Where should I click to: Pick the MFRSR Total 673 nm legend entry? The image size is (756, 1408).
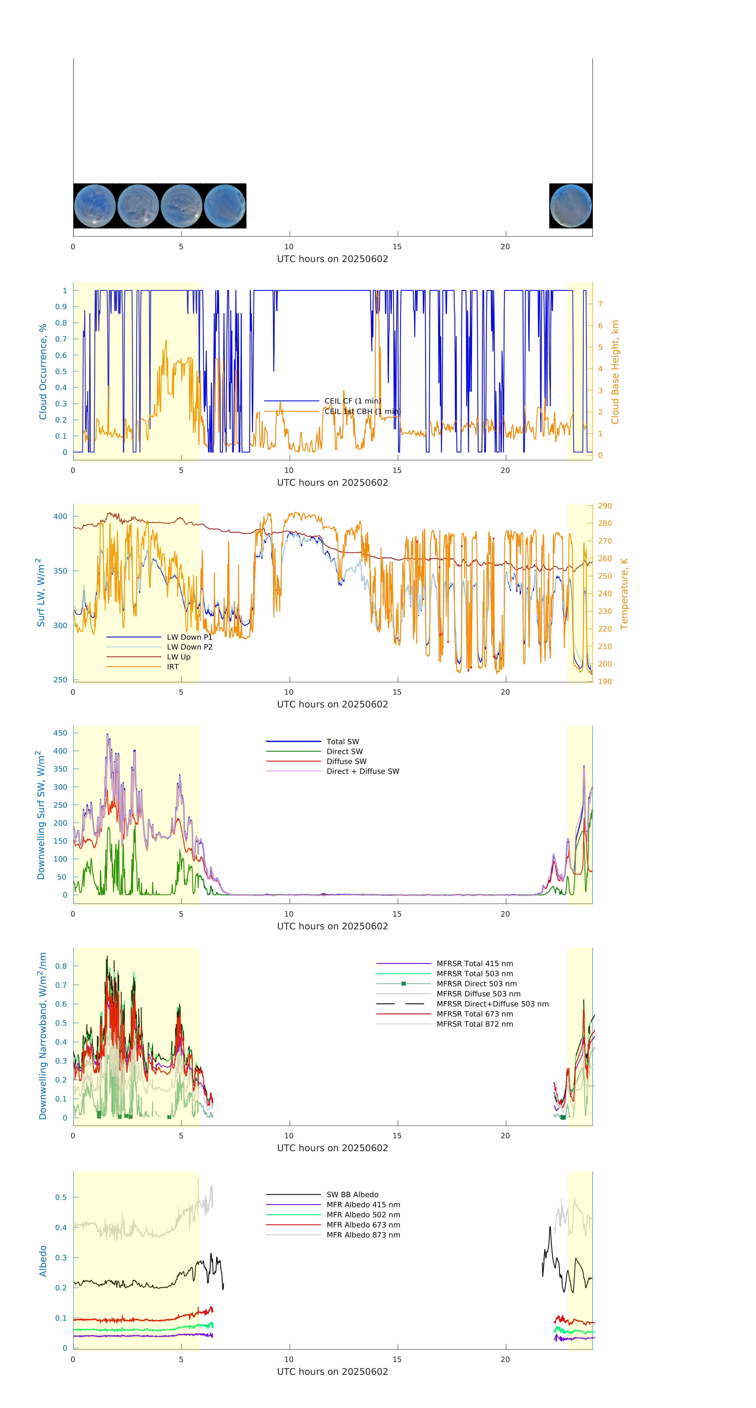475,1014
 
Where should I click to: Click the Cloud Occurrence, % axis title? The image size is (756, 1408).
43,372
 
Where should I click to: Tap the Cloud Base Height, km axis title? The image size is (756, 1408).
615,372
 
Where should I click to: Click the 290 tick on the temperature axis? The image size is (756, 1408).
605,505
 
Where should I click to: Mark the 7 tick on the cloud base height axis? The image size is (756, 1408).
600,304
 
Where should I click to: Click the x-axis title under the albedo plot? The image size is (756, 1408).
332,1371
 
